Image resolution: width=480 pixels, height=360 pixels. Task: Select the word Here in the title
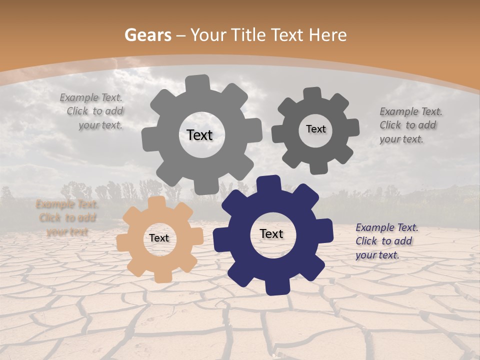click(328, 35)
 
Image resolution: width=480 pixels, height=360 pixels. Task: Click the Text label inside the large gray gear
click(199, 135)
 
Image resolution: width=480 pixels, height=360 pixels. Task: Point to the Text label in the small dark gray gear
click(315, 129)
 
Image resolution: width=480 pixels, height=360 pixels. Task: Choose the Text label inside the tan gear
click(159, 238)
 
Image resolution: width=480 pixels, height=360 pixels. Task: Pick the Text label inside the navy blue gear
click(271, 234)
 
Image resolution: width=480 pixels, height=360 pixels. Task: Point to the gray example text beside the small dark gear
click(410, 125)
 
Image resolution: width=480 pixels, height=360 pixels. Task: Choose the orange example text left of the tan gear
click(67, 218)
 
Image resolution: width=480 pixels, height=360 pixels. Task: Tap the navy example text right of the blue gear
click(386, 241)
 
